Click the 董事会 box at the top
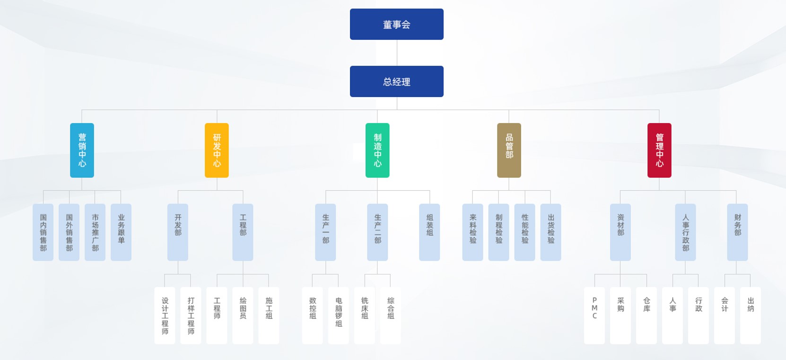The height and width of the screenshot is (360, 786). click(396, 24)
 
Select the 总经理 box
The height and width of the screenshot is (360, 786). click(396, 81)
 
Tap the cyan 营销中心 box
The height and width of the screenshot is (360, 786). click(82, 150)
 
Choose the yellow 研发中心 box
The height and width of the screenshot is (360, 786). click(217, 150)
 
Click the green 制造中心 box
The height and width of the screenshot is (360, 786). click(377, 150)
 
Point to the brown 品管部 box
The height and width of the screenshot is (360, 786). click(509, 150)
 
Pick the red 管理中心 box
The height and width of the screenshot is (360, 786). click(659, 150)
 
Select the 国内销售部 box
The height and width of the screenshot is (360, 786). click(43, 232)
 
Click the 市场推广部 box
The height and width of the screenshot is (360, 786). click(95, 232)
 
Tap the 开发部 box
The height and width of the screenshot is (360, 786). click(178, 232)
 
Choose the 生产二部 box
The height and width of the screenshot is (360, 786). click(377, 232)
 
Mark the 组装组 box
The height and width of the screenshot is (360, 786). click(429, 232)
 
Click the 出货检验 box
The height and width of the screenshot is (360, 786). click(550, 232)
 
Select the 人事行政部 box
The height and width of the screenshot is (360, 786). click(685, 232)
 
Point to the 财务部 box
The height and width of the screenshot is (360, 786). click(737, 232)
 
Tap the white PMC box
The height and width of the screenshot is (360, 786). click(594, 315)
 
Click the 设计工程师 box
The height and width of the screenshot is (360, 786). click(165, 315)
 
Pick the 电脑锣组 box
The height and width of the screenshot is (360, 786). click(339, 315)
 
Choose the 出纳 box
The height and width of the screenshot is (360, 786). click(751, 315)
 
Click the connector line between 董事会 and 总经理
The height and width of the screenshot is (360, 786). click(397, 53)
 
